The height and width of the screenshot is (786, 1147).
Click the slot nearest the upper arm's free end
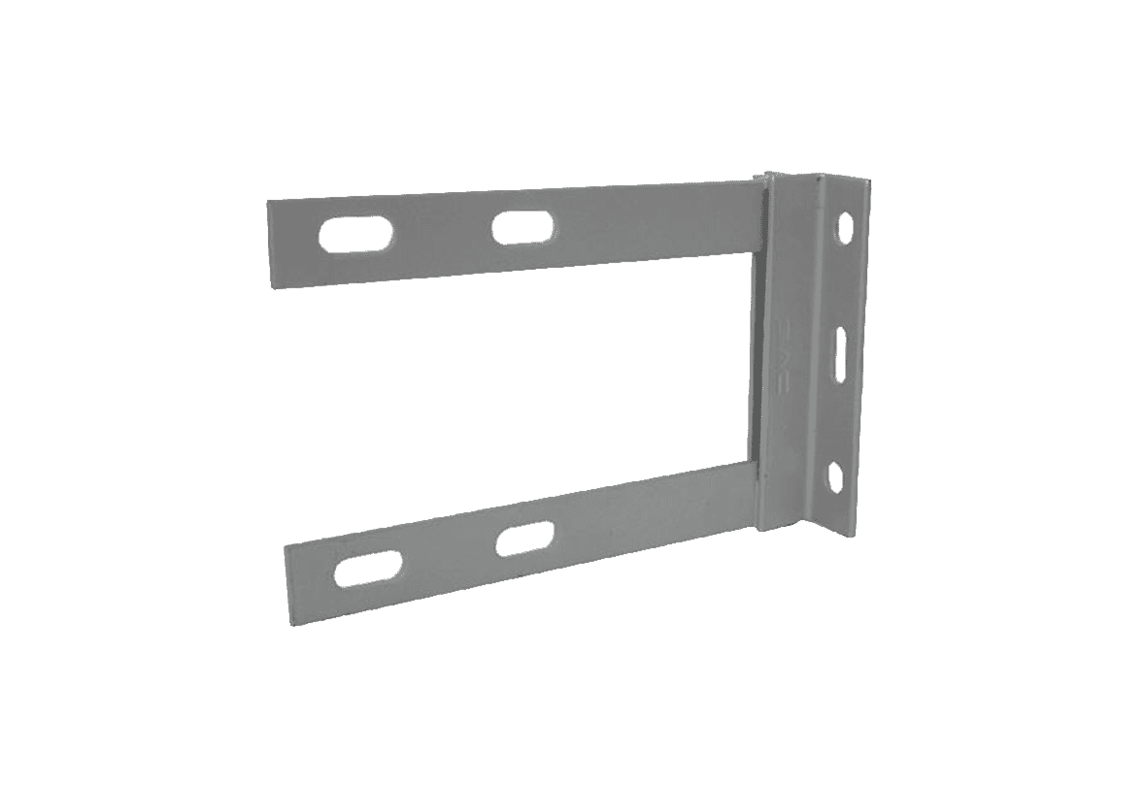pos(356,236)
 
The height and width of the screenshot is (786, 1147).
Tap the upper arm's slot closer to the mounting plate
pos(523,228)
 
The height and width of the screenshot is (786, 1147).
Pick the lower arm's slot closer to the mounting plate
pos(525,539)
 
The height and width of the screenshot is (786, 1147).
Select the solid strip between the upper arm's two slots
pos(443,233)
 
